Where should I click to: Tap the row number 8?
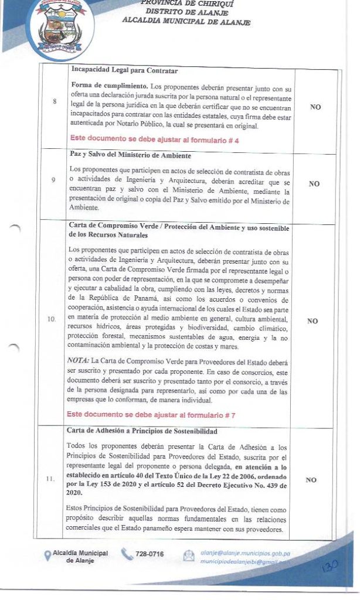click(55, 101)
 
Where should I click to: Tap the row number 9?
click(55, 180)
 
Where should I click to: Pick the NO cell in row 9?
click(314, 183)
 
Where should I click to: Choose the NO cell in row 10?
click(313, 321)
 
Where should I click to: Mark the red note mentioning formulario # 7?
click(151, 415)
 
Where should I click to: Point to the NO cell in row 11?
click(311, 480)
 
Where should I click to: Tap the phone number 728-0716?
click(150, 554)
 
